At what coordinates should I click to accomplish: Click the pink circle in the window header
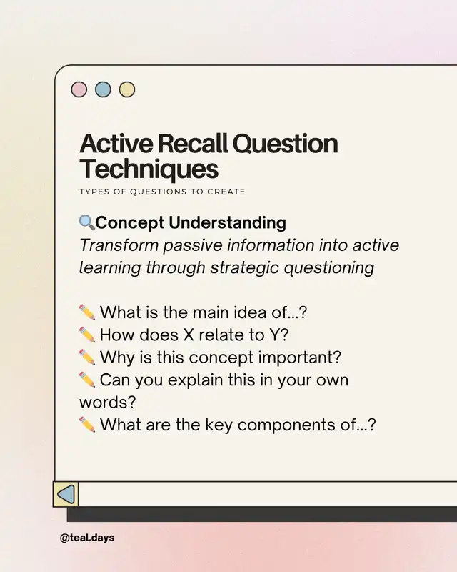click(x=79, y=89)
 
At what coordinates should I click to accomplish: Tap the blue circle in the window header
click(x=103, y=89)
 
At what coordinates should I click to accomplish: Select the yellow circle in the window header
click(x=127, y=89)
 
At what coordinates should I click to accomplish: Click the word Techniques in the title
click(x=149, y=169)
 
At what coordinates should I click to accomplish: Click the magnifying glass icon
click(x=86, y=222)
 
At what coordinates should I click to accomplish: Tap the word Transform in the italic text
click(x=119, y=245)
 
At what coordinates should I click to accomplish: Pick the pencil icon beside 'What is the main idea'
click(x=87, y=312)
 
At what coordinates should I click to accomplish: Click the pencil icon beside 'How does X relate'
click(x=87, y=335)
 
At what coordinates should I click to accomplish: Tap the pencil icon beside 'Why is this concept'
click(x=87, y=357)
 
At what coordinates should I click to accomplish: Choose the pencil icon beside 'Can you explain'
click(x=87, y=380)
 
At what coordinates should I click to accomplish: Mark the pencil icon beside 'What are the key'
click(x=87, y=425)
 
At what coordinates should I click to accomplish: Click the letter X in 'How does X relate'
click(x=189, y=335)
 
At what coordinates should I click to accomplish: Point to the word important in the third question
click(x=300, y=357)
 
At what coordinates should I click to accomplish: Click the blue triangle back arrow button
click(x=66, y=494)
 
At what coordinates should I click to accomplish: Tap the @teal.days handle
click(x=87, y=538)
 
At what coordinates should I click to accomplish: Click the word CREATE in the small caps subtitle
click(x=226, y=192)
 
